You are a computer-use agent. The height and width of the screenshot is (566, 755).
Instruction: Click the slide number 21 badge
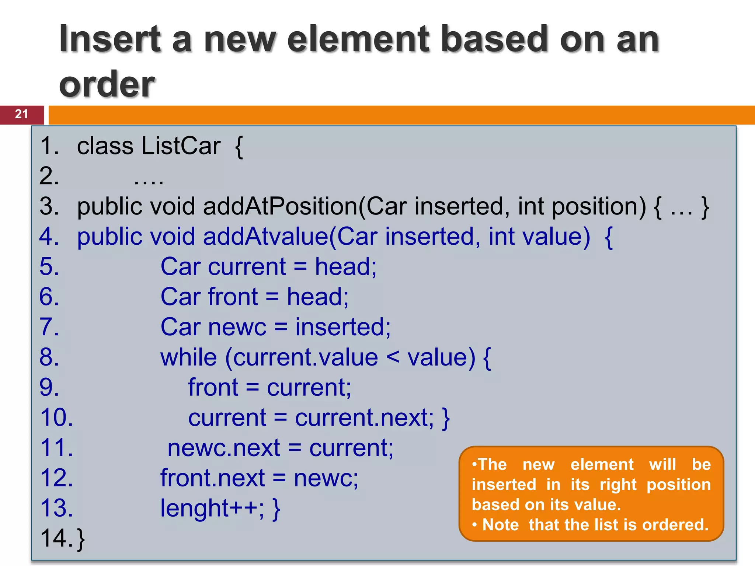[21, 114]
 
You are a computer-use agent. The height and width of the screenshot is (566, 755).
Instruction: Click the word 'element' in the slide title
[359, 39]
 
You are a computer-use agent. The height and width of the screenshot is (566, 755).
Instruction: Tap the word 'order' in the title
[107, 84]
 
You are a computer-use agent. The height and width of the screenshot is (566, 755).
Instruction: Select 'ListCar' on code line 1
[181, 146]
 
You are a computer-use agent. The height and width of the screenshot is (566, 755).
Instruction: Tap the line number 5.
[49, 266]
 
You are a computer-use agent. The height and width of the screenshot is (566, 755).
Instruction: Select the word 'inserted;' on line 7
[343, 327]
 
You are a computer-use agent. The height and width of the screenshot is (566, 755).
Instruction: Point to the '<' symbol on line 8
[393, 357]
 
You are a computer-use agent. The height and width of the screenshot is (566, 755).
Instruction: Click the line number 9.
[49, 387]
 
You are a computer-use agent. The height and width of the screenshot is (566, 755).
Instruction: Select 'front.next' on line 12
[213, 478]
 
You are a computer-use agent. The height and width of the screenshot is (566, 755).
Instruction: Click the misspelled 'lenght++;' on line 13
[212, 508]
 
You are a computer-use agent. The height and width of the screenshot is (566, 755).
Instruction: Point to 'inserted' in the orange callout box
[504, 485]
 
